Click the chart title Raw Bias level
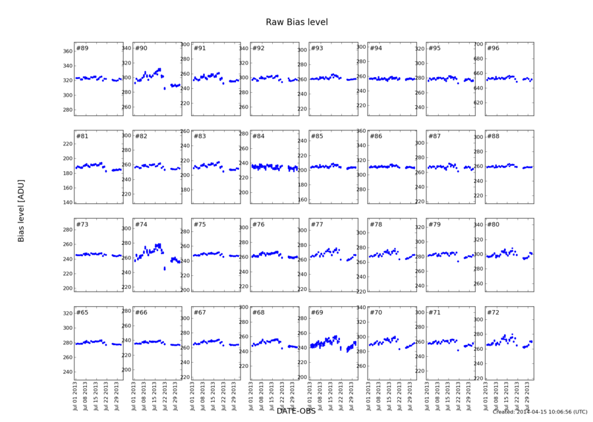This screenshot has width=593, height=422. [x=296, y=22]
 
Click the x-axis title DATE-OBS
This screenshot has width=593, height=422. [x=296, y=411]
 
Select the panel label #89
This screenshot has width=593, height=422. [x=82, y=48]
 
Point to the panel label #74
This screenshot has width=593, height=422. [x=141, y=224]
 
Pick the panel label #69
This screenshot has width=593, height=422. [x=317, y=312]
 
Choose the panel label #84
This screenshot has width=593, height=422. [x=258, y=136]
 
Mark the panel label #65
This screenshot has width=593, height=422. [x=82, y=312]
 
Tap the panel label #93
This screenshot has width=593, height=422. [x=317, y=48]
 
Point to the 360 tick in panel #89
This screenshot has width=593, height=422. [x=67, y=51]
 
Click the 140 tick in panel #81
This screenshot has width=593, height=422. [x=67, y=202]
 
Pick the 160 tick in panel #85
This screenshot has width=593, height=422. [x=301, y=199]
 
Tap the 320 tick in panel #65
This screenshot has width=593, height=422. [x=67, y=313]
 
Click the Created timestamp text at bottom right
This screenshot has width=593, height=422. [x=540, y=412]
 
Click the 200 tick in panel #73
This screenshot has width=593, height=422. [x=67, y=288]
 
